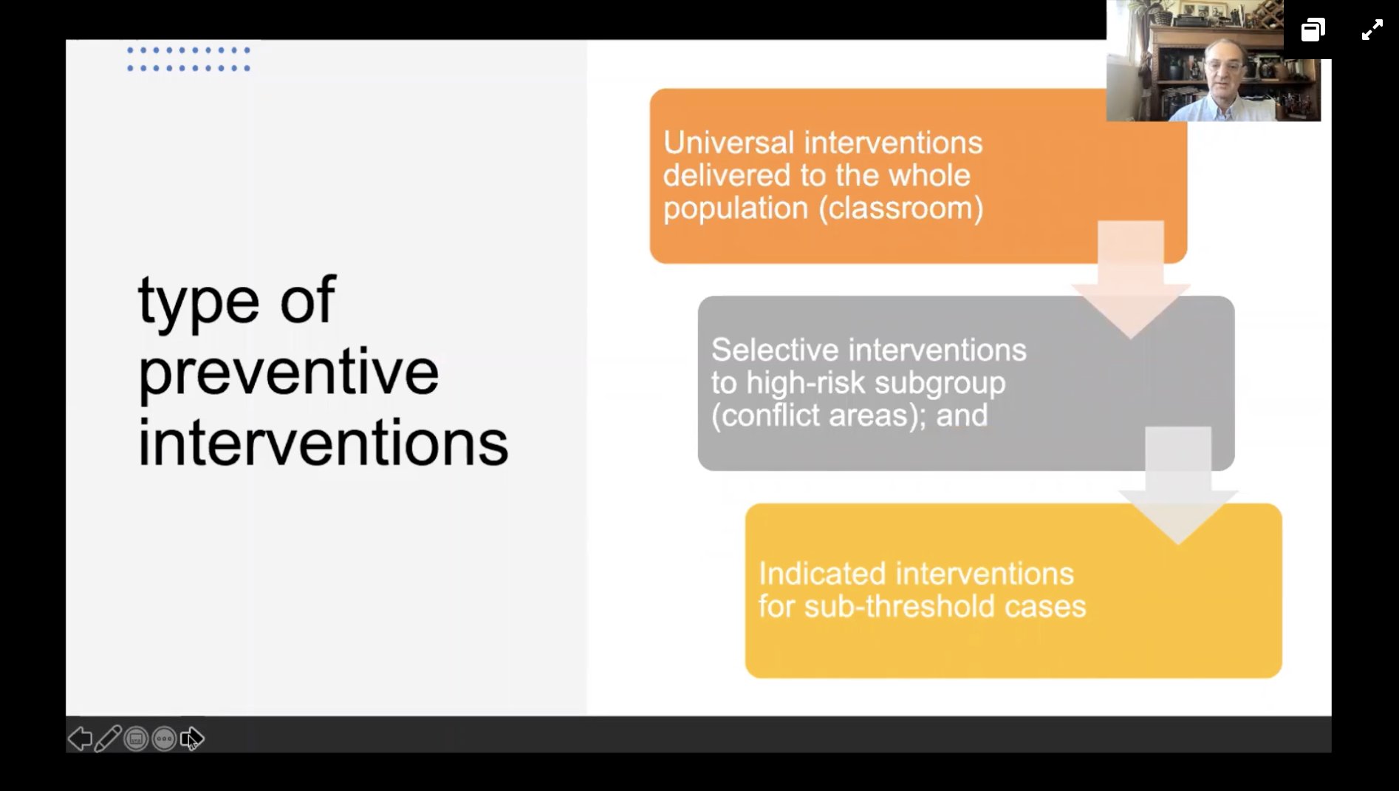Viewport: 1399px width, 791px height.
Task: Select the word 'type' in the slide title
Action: tap(198, 301)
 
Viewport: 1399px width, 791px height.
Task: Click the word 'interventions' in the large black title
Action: tap(323, 443)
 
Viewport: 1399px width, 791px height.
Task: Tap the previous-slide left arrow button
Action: tap(80, 739)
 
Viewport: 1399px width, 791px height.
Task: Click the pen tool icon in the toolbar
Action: tap(108, 739)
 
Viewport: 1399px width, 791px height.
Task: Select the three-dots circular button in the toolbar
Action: tap(164, 739)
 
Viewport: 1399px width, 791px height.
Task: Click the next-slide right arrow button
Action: tap(192, 739)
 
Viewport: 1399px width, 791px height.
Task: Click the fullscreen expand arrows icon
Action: tap(1372, 30)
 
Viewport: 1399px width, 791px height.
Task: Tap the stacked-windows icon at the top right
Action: tap(1313, 30)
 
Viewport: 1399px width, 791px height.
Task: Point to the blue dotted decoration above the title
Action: tap(188, 59)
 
